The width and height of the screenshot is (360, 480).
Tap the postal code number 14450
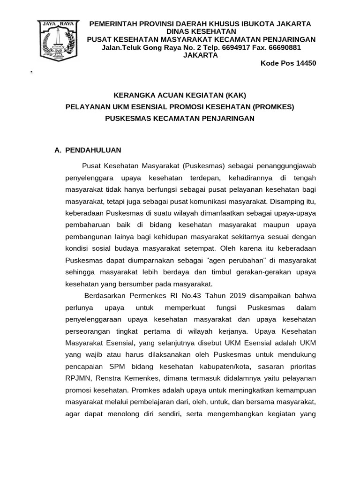(306, 63)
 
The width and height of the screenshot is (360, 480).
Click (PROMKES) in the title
(273, 107)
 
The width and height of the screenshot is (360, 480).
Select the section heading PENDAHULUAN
(93, 150)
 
